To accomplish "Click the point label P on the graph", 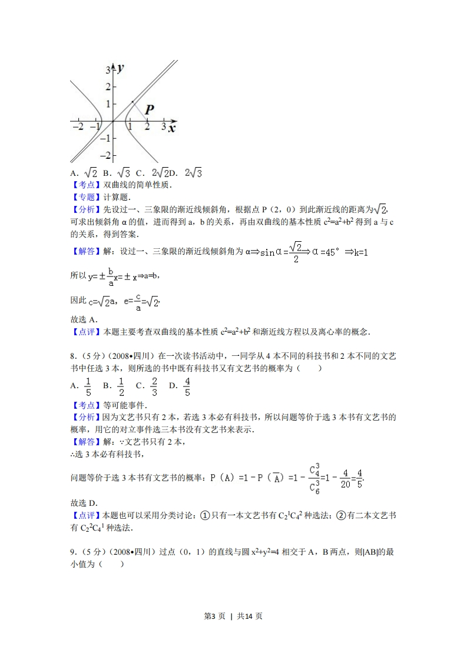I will [149, 109].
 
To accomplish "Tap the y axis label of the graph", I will [120, 68].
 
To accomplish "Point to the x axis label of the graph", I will [171, 128].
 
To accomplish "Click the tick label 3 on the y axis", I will [108, 70].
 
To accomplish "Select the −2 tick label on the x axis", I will [77, 126].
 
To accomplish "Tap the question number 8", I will [72, 355].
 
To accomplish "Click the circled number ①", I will [206, 515].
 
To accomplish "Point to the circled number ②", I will [340, 515].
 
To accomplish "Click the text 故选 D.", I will [84, 502].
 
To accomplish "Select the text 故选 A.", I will [84, 319].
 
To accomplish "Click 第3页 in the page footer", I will [214, 616].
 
